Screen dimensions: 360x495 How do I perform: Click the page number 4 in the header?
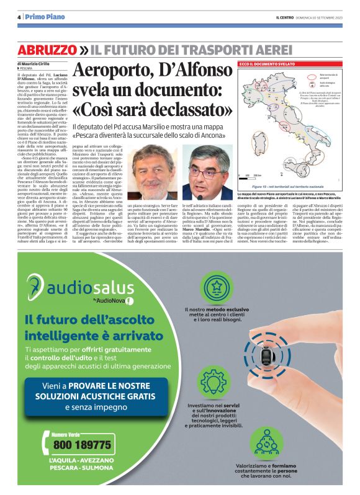pos(19,16)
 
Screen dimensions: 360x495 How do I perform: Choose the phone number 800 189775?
pos(82,445)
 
